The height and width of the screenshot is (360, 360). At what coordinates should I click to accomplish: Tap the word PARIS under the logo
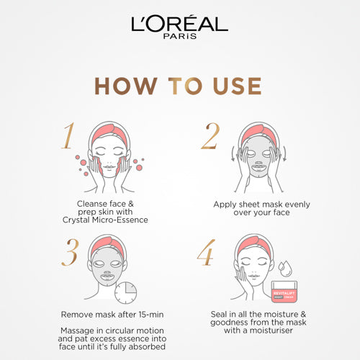180,36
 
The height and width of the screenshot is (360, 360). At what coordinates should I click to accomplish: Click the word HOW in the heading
126,86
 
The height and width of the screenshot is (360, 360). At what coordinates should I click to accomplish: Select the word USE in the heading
237,86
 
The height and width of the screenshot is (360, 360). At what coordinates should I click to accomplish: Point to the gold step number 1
68,135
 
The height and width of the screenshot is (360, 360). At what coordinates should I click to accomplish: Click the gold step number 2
210,135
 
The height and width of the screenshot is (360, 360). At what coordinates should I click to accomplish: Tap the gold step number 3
70,252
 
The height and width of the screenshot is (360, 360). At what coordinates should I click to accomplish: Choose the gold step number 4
206,252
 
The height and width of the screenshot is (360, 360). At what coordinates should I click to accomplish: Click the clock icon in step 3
125,293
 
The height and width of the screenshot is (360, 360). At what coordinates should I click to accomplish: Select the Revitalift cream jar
284,292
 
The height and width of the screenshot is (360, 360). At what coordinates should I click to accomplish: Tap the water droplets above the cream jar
285,269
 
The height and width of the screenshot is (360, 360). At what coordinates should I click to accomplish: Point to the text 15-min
151,315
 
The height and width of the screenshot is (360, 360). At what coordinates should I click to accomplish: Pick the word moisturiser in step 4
271,330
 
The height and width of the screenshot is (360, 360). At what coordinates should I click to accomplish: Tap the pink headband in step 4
255,246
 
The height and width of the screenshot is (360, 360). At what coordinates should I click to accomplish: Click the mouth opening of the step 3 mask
107,278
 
